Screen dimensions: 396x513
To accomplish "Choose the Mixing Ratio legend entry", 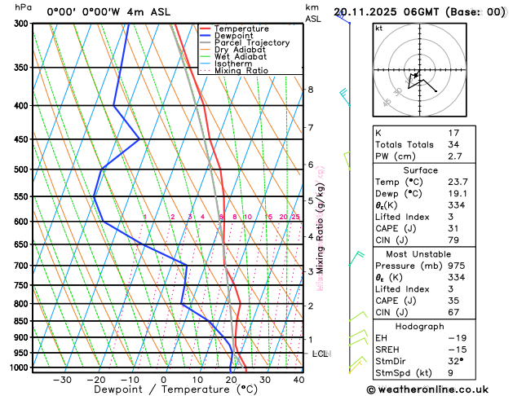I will click(245, 71).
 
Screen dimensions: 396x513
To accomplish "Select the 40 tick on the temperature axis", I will click(299, 380).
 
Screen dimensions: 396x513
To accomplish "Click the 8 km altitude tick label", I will click(310, 89).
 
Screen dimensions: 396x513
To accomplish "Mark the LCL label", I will click(321, 354).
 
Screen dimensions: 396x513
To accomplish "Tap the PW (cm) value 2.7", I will click(454, 156).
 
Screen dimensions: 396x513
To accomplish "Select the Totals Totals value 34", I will click(454, 144).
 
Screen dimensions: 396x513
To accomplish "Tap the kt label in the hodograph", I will click(378, 28).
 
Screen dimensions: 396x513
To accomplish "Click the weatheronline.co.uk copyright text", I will click(440, 390).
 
